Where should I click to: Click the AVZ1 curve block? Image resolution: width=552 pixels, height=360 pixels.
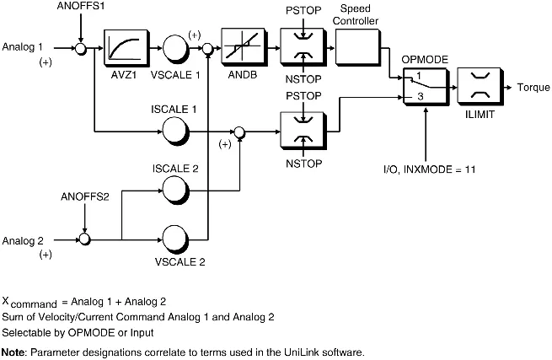(126, 47)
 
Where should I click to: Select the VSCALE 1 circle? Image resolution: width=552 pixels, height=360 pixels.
(175, 48)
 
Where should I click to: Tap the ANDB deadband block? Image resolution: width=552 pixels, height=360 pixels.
(244, 47)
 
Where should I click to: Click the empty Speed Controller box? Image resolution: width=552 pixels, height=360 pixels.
(357, 47)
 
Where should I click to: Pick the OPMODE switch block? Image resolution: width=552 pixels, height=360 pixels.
(426, 87)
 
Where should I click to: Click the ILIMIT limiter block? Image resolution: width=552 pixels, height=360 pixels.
(480, 87)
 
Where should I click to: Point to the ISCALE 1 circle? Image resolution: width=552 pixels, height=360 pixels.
(175, 131)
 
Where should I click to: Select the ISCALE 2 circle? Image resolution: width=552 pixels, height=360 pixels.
(175, 191)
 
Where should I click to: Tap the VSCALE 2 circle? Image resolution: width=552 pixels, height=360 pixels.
(175, 239)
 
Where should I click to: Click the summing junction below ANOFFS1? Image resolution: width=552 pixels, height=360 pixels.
(81, 49)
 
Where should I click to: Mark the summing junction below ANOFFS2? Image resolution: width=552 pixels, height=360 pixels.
(84, 239)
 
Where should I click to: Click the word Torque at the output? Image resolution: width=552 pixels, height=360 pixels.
(533, 88)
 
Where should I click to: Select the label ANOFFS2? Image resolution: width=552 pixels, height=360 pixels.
(85, 196)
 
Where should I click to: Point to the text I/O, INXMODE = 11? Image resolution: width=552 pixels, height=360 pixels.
(429, 169)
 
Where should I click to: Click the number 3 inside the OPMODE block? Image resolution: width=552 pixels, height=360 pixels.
(421, 96)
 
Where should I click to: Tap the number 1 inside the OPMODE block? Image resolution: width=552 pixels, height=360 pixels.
(419, 75)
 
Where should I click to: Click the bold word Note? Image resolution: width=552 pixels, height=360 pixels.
(13, 352)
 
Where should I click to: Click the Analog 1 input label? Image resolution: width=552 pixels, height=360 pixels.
(23, 46)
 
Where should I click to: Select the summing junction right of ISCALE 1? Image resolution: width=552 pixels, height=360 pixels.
(239, 132)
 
